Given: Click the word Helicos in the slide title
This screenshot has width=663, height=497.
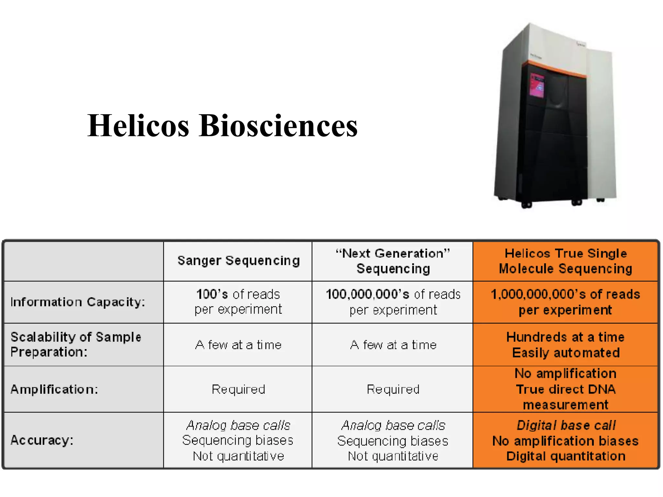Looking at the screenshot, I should [138, 126].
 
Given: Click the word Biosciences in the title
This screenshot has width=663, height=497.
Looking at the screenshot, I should [278, 126].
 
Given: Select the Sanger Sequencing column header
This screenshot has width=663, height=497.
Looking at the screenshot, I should [239, 261].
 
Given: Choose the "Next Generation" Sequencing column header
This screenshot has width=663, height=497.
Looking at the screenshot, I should [393, 261].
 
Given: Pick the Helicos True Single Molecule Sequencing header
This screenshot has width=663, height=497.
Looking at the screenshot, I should [566, 261].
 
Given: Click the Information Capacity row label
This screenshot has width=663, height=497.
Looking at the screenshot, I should [78, 302].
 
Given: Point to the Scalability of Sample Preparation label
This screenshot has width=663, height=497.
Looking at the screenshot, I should [76, 345].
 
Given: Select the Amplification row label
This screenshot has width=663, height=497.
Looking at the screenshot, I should [54, 389].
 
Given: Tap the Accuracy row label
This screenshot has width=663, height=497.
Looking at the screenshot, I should [42, 440].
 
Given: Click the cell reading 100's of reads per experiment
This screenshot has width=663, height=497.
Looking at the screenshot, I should [238, 302].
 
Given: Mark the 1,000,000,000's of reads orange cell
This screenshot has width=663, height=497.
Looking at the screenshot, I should [566, 302].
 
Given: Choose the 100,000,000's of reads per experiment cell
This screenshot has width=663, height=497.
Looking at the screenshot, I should [393, 302].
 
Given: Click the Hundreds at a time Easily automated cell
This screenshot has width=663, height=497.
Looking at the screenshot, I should [566, 345].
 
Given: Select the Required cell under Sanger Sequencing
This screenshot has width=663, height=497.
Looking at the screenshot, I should [238, 389].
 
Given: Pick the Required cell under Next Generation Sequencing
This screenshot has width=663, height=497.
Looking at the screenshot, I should [393, 389].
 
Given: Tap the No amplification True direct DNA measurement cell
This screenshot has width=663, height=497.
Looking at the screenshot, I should [566, 389].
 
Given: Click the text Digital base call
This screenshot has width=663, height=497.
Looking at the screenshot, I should [566, 425].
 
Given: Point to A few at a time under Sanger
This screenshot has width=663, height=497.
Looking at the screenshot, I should [238, 345].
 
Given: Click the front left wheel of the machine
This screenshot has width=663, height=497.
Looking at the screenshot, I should [526, 204].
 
